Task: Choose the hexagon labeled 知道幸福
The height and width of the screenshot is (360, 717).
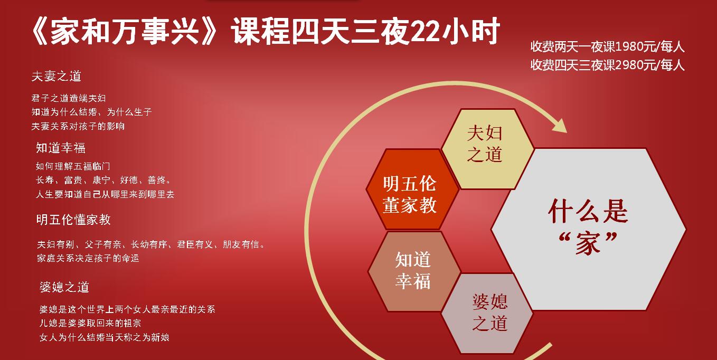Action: [414, 271]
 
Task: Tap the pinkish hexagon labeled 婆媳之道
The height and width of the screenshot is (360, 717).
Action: [487, 313]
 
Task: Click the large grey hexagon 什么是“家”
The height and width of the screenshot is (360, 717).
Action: [588, 229]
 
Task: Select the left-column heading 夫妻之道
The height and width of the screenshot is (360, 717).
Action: [56, 76]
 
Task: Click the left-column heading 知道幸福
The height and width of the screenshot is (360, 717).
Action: [61, 148]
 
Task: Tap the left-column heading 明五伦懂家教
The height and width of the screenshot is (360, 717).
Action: [73, 220]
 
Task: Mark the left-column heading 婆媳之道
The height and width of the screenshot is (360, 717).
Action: [64, 287]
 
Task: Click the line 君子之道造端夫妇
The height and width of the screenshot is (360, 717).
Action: [69, 98]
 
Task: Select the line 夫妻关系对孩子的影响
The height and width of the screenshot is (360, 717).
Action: [78, 126]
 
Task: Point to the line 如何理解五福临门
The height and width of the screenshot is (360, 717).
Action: [73, 166]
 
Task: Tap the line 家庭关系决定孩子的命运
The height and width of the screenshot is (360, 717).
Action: [88, 258]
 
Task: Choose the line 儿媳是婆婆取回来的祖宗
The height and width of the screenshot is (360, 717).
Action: [90, 323]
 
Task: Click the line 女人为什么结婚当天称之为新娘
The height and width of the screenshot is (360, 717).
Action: [105, 337]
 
